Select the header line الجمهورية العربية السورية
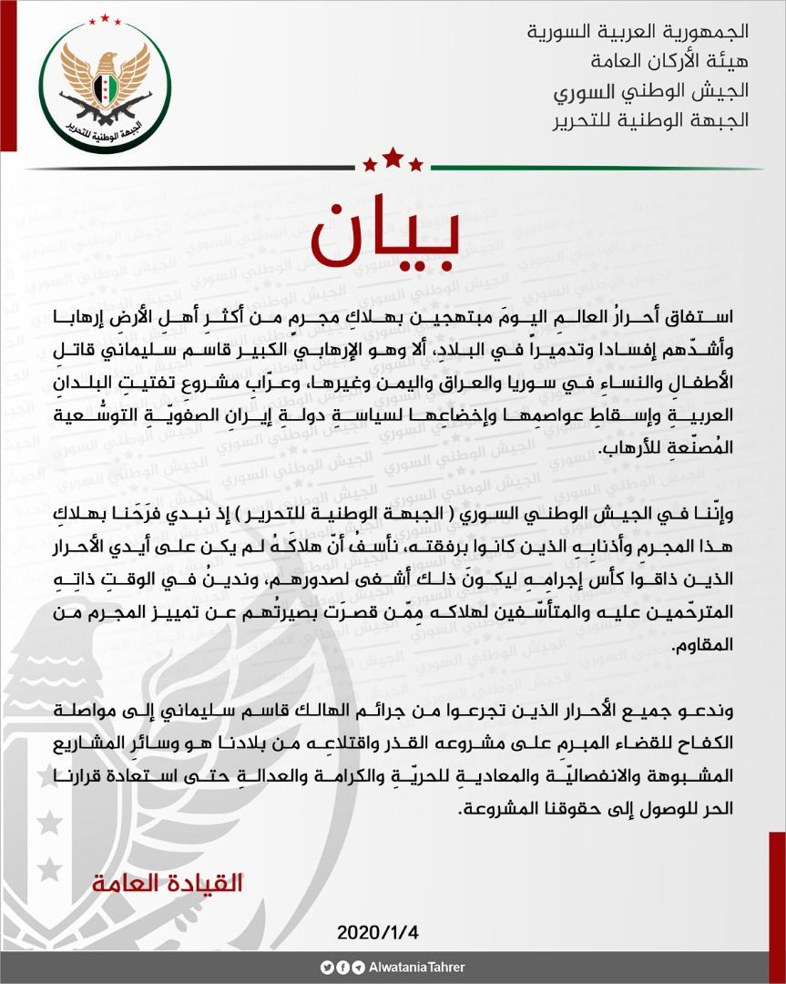(638, 31)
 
